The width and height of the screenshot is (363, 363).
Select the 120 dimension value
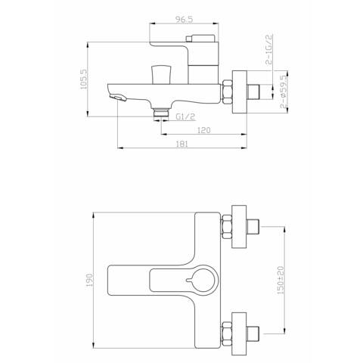coord(203,131)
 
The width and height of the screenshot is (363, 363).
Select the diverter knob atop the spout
coord(159,74)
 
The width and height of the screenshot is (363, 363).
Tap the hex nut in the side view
coord(226,90)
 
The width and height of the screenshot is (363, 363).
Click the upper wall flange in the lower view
coord(241,225)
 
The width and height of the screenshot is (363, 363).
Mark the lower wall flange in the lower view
coord(241,330)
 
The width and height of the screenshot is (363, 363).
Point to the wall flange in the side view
coord(241,91)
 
